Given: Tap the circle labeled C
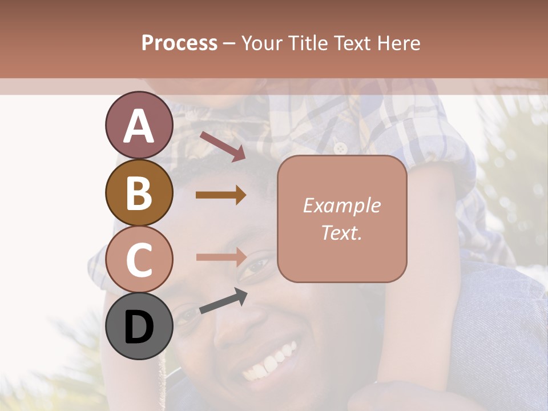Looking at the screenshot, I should click(x=139, y=259).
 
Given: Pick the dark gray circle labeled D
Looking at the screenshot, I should click(x=139, y=326).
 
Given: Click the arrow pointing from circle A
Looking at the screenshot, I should click(x=223, y=146).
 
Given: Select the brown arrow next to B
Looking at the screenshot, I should click(x=221, y=195).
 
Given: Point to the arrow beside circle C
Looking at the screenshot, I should click(x=221, y=257).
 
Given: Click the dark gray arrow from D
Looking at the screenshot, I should click(x=223, y=303).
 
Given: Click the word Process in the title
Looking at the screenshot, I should click(x=179, y=43).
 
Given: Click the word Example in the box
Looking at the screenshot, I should click(x=341, y=205).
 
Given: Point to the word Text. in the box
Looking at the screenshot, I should click(x=341, y=232).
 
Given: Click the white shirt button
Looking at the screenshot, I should click(x=341, y=148).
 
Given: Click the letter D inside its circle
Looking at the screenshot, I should click(x=139, y=328).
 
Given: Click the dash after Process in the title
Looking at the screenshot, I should click(x=229, y=43).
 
